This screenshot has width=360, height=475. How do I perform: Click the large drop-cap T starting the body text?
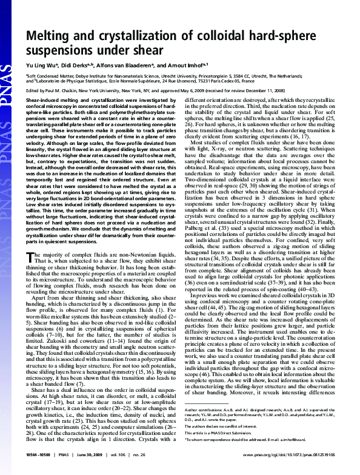[x=32, y=275]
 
